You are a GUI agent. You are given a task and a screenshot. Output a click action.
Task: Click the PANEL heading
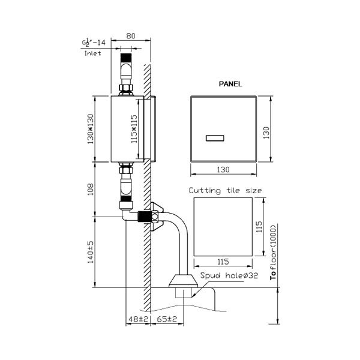click(230, 84)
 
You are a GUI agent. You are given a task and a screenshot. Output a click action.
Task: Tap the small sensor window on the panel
click(215, 138)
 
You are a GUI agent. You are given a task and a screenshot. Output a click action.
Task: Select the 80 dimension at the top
click(131, 36)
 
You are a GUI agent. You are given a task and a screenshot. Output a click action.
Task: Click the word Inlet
click(93, 53)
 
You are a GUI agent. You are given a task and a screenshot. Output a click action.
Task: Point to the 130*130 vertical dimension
click(91, 129)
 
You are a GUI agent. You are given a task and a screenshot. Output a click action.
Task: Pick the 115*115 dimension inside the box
click(134, 129)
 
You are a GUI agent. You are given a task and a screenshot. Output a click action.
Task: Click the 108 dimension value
click(91, 189)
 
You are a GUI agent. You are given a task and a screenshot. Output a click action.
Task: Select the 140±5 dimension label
click(91, 252)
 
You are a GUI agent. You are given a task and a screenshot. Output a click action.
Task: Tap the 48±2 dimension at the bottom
click(139, 319)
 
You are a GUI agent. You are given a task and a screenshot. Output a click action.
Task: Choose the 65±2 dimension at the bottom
click(167, 319)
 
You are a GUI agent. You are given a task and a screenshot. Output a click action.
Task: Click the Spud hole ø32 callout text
click(229, 275)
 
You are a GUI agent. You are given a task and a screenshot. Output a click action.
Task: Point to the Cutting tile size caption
click(225, 191)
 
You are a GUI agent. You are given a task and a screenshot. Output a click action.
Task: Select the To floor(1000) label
click(274, 252)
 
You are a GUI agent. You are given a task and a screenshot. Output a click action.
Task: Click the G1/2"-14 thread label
click(94, 43)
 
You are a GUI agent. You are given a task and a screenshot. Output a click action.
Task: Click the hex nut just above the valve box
click(126, 88)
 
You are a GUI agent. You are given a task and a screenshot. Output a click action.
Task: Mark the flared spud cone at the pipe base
click(183, 281)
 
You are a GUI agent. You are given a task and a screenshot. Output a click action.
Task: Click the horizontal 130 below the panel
click(223, 170)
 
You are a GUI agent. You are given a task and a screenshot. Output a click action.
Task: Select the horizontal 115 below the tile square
click(223, 262)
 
